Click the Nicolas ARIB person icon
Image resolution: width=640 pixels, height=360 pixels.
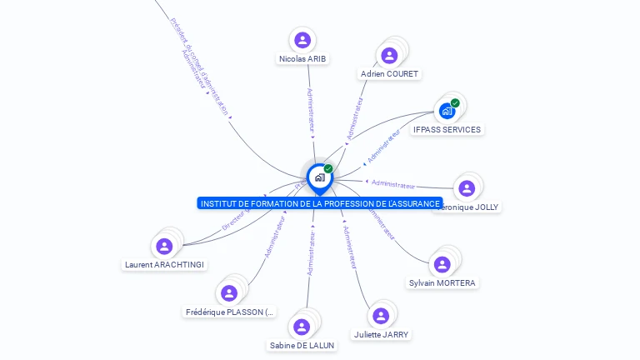tap(302, 39)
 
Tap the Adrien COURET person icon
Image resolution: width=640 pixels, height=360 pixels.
tap(389, 55)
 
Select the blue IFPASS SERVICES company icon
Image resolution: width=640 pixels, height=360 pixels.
tap(447, 111)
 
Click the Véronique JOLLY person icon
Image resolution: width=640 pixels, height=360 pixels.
tap(467, 188)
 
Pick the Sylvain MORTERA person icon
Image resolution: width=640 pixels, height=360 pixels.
tap(442, 264)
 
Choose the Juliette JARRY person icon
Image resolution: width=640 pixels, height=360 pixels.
tap(381, 315)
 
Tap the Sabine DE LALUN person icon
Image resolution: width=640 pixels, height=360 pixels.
tap(302, 327)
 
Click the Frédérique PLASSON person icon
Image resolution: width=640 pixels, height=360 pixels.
tap(229, 292)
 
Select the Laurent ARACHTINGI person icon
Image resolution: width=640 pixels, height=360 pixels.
tap(164, 246)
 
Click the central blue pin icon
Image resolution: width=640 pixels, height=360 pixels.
tap(319, 177)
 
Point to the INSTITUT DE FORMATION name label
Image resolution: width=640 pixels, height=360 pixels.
tap(320, 203)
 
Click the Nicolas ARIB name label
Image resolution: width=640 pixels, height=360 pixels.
tap(302, 58)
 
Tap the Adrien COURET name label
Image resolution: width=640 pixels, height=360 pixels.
tap(389, 74)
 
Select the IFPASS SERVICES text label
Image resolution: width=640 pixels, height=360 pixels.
tap(447, 130)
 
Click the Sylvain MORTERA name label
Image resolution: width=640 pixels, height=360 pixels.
tap(442, 283)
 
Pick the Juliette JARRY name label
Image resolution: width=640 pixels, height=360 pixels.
tap(381, 334)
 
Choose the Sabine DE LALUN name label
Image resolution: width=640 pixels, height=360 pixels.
tap(302, 345)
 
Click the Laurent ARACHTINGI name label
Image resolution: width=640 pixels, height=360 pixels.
tap(164, 265)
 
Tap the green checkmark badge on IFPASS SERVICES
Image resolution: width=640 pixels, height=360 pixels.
tap(455, 103)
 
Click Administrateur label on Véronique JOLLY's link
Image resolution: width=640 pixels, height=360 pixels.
tap(392, 183)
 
